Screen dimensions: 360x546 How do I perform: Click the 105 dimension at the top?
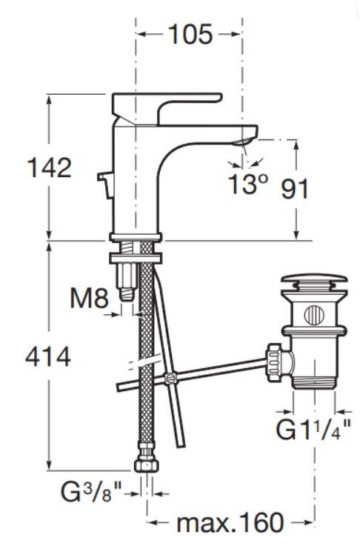pos(190,34)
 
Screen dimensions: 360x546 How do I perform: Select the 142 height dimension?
pos(49,167)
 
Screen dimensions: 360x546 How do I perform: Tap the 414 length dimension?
pos(48,356)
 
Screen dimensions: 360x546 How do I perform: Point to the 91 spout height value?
pos(295,189)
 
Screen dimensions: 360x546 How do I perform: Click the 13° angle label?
pos(248,184)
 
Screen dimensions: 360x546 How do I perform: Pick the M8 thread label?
pos(89,298)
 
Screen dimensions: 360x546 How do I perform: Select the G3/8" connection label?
pos(91,492)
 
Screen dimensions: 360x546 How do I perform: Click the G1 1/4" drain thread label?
pos(313,430)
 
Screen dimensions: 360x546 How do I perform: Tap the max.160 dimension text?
pos(230,522)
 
